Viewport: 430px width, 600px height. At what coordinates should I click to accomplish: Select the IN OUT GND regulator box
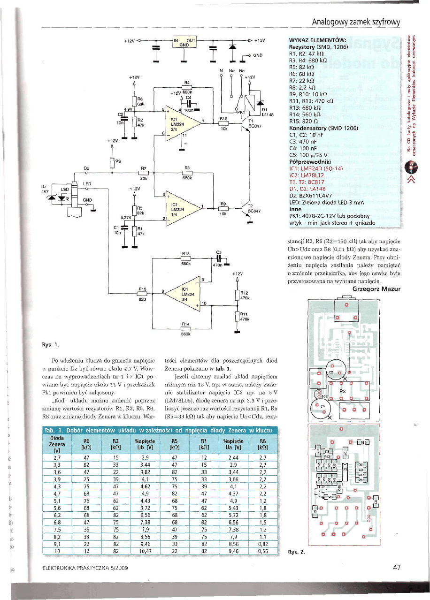(184, 43)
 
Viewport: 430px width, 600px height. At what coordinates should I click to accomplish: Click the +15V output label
(260, 40)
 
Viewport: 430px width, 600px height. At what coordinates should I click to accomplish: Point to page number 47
(397, 568)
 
